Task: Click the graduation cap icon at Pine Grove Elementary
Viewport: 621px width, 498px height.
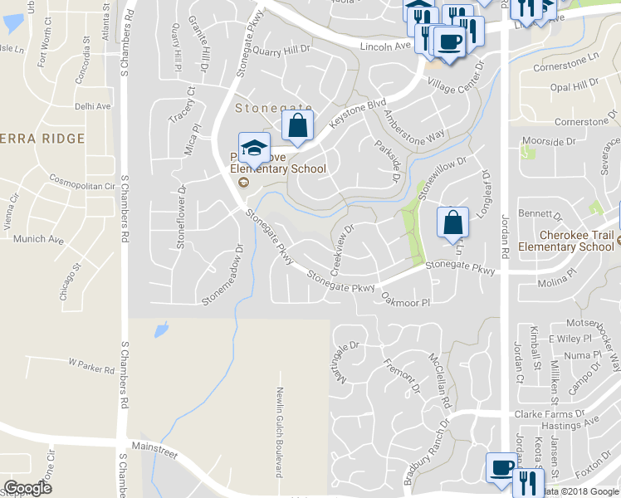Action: [x=254, y=147]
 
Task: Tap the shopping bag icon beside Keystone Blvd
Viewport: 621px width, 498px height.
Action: [x=297, y=126]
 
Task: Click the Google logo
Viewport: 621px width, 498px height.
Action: [x=27, y=487]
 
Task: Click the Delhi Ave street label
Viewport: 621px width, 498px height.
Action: [x=92, y=107]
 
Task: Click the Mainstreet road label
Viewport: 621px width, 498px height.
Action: [x=154, y=447]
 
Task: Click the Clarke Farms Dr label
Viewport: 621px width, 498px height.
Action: [x=544, y=413]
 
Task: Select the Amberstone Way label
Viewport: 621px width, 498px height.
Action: [x=414, y=125]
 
